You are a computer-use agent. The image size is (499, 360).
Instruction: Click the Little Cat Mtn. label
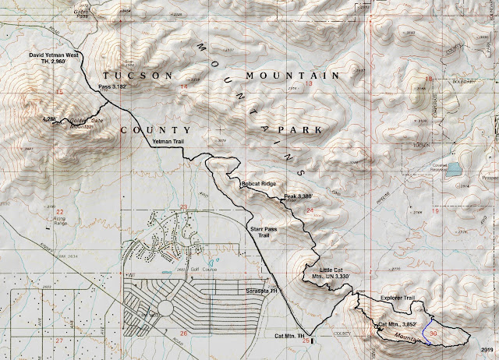coord(321,273)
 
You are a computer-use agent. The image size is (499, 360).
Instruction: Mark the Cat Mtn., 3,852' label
coord(401,323)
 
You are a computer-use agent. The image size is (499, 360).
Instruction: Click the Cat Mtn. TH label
coord(292,336)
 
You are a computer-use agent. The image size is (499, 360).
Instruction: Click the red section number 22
coord(59,212)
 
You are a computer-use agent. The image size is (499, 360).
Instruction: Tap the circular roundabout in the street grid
coord(165,309)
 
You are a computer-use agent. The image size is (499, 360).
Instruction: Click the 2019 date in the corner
coord(488,350)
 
